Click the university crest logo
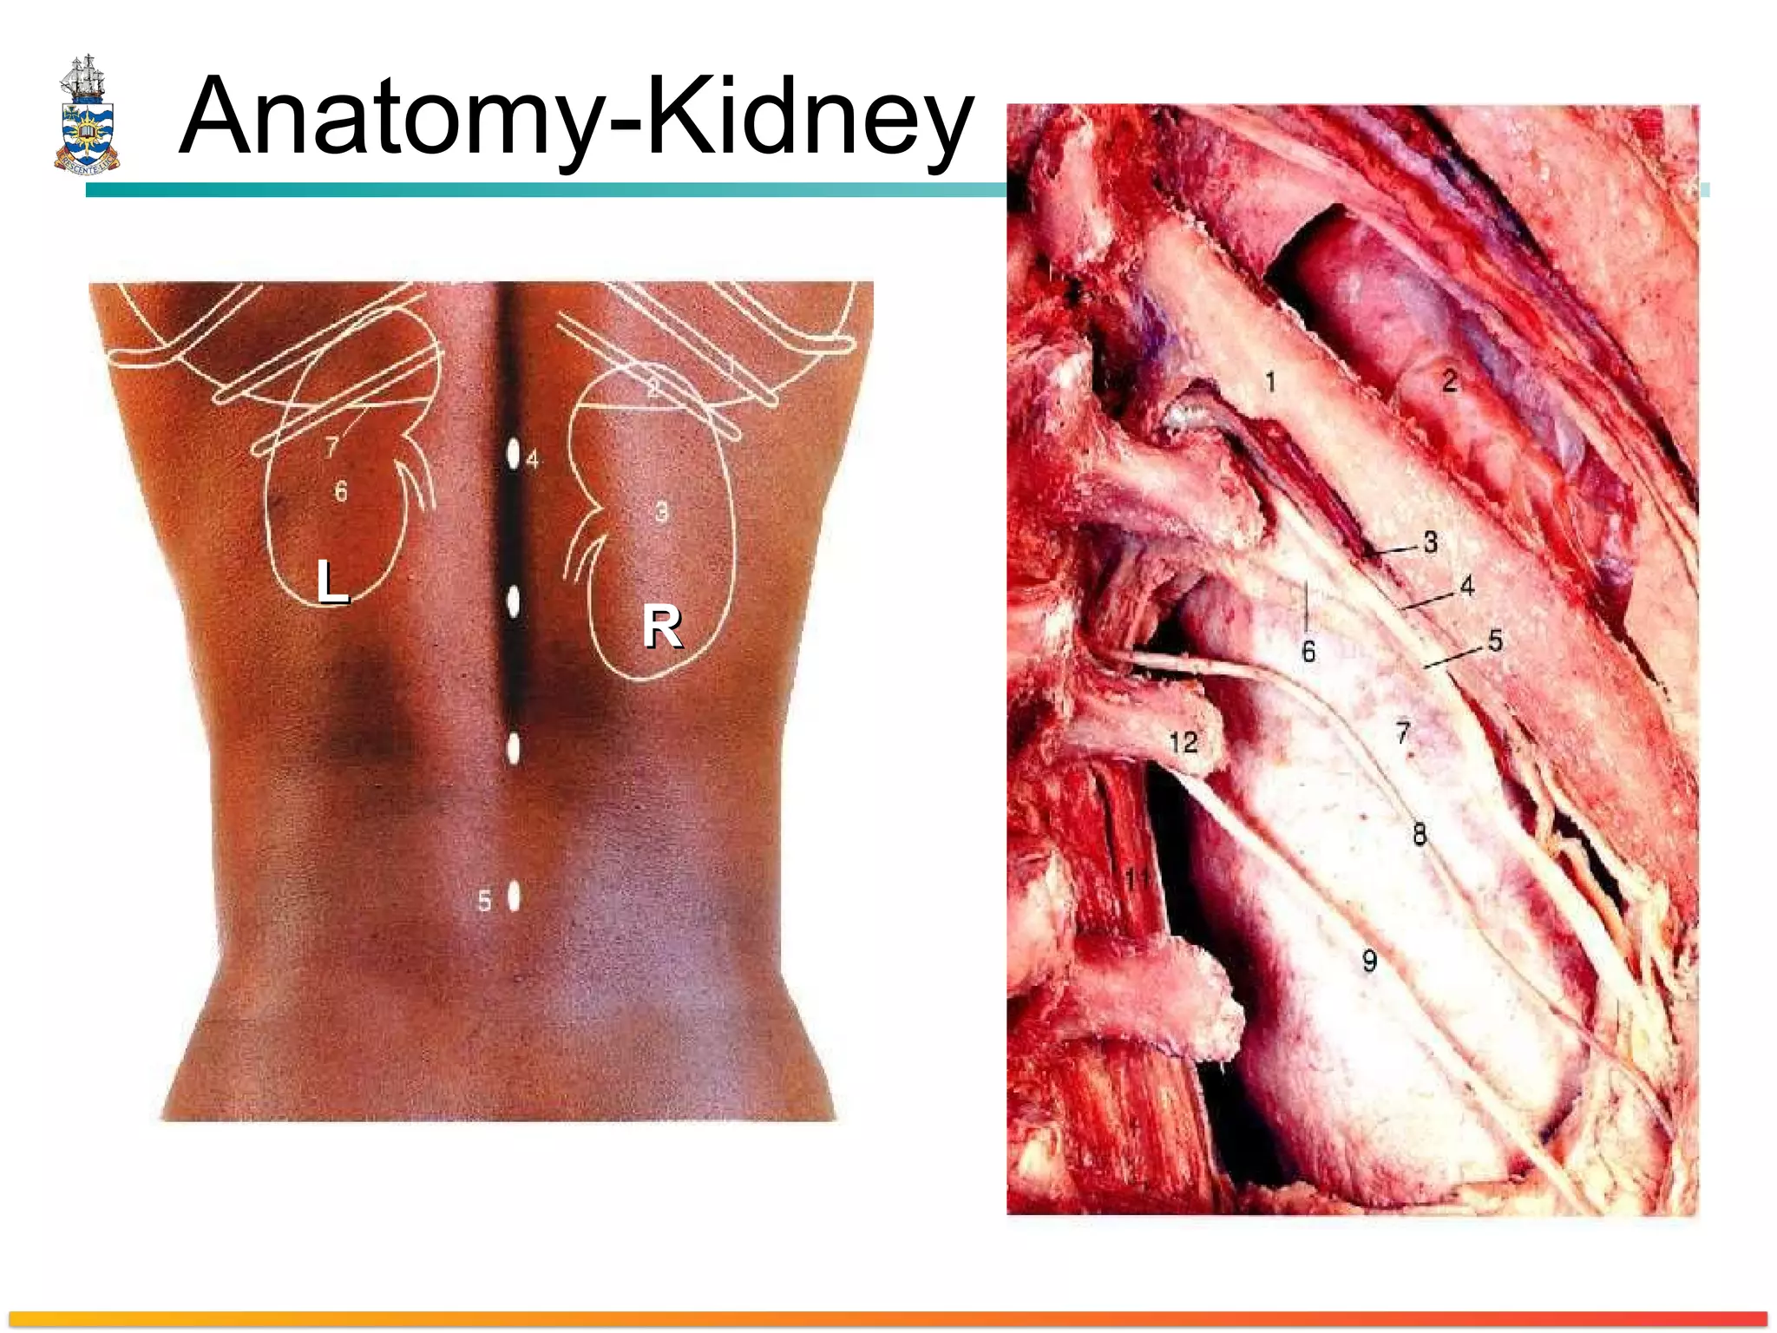pos(87,115)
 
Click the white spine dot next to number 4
pos(514,453)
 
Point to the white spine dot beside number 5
pos(514,896)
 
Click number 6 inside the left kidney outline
pos(341,492)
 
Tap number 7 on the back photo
pos(331,447)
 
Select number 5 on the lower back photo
pos(485,902)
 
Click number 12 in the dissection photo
pos(1184,743)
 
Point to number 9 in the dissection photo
pos(1369,961)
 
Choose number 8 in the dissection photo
pos(1420,834)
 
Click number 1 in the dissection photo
pos(1270,381)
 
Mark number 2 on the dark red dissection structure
pos(1449,380)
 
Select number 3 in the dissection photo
pos(1431,542)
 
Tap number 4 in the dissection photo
pos(1467,587)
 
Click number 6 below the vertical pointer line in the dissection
pos(1308,651)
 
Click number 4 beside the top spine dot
pos(533,459)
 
